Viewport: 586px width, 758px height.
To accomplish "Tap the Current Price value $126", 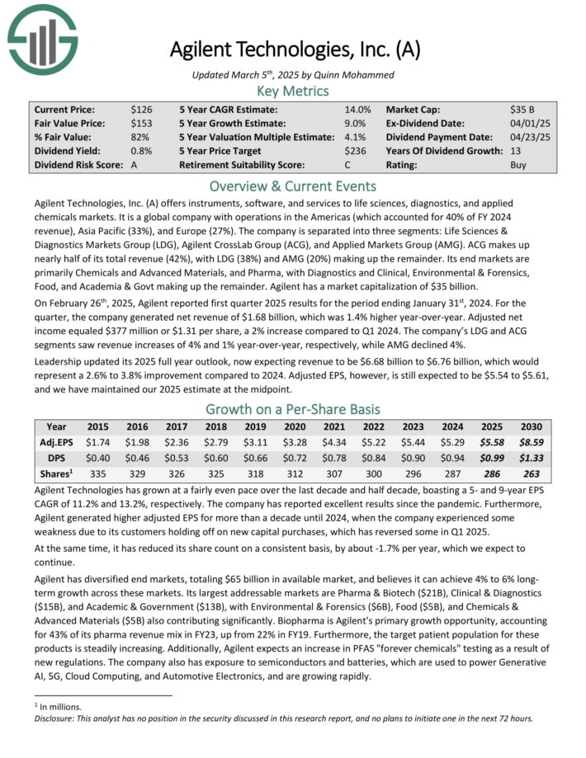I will [140, 109].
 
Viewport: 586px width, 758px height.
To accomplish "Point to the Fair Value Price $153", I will [140, 123].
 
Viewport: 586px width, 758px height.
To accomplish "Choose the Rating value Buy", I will [519, 165].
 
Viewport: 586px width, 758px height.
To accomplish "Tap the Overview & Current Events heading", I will [293, 186].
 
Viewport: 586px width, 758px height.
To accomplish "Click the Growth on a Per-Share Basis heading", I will [293, 409].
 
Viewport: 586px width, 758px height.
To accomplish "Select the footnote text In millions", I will [63, 707].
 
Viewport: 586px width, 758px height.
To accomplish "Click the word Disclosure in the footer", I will [55, 718].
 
